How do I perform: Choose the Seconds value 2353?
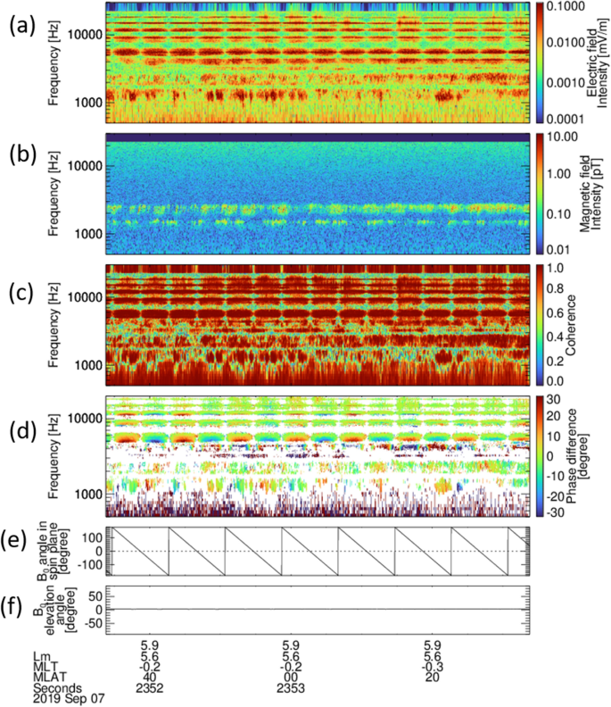tap(291, 689)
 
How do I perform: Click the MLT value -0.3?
tap(432, 665)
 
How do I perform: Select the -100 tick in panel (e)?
tap(89, 565)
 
